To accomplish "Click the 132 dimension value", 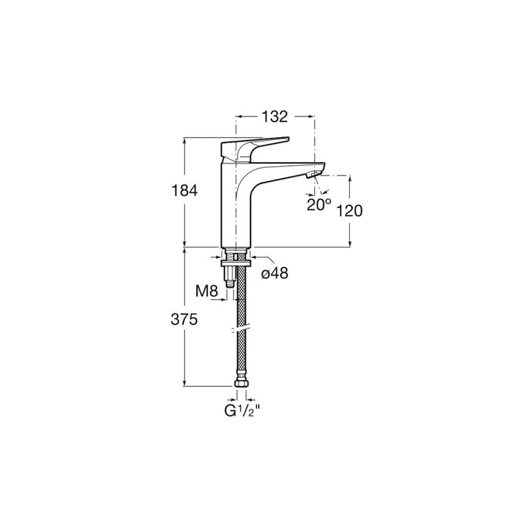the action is tap(274, 117).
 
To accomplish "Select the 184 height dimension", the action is tap(185, 191).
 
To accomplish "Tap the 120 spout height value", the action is tap(350, 211).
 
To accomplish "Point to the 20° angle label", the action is tap(319, 204).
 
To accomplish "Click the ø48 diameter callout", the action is tap(275, 273).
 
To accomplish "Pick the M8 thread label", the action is tap(207, 291).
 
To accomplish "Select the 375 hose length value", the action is tap(184, 320).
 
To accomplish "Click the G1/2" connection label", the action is tap(242, 410).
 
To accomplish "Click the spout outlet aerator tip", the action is tap(312, 175).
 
